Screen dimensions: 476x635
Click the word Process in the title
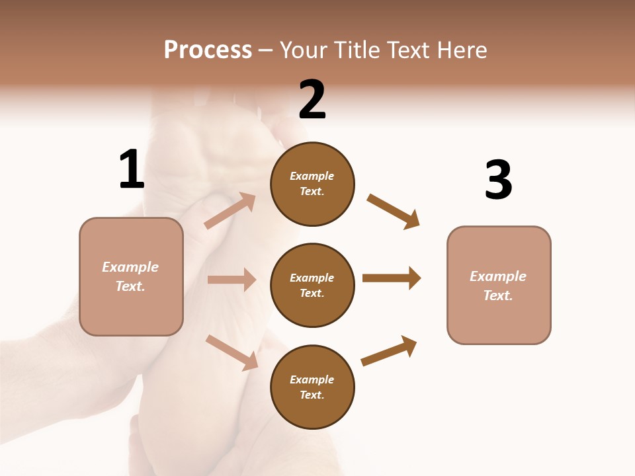(x=208, y=50)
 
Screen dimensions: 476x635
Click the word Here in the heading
(x=461, y=50)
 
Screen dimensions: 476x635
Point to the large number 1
(x=132, y=169)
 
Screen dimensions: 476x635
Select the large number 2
(x=312, y=100)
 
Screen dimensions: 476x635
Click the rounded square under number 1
(x=131, y=276)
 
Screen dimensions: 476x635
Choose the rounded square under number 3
(x=499, y=286)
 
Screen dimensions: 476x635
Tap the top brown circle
(x=312, y=184)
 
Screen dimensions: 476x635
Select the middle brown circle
(x=312, y=286)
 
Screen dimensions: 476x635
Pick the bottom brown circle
(x=312, y=387)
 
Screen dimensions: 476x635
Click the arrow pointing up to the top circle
(x=230, y=211)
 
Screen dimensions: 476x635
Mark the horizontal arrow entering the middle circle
(x=232, y=280)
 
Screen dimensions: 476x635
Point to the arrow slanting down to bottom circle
(x=232, y=352)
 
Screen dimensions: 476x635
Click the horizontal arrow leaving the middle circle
(x=392, y=278)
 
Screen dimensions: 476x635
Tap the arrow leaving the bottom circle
(x=389, y=351)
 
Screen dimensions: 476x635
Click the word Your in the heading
(x=304, y=50)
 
